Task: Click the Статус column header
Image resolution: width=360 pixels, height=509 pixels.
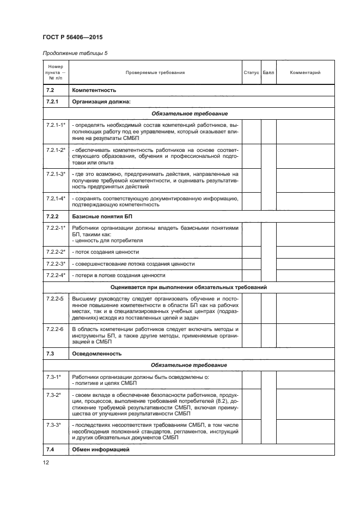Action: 251,72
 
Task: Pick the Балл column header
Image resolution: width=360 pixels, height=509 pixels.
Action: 268,72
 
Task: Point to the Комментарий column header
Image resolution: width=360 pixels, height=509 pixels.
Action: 305,72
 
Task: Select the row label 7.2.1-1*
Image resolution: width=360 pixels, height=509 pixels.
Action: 56,125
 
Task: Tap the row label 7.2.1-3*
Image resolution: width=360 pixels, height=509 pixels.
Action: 56,174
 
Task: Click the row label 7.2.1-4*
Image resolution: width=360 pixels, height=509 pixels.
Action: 56,198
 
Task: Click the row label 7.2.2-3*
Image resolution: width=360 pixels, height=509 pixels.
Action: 56,263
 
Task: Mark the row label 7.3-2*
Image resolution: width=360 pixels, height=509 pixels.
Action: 53,394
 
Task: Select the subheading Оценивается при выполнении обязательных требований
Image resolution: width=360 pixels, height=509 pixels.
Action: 188,287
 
